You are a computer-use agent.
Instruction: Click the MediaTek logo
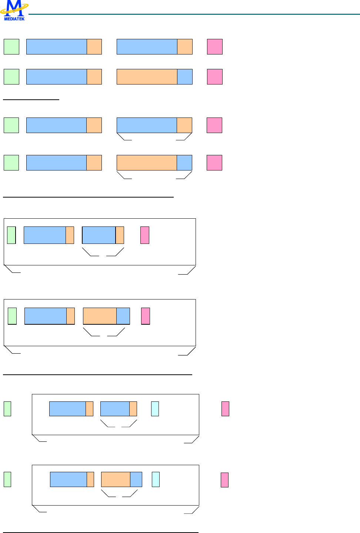(14, 10)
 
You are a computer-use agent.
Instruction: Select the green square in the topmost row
(11, 47)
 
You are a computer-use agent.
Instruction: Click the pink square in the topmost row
(215, 47)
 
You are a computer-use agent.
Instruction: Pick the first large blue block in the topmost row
(57, 47)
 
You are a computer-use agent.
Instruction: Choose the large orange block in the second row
(147, 77)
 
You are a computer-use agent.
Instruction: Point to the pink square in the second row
(215, 77)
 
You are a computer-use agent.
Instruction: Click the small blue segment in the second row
(185, 77)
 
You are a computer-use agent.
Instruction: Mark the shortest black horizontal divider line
(31, 100)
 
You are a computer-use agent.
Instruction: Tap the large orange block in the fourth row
(147, 163)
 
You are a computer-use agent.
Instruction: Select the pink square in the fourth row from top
(214, 163)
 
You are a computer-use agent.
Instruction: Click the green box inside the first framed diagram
(11, 235)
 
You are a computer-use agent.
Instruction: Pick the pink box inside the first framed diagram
(145, 235)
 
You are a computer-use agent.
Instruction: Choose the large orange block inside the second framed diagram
(100, 316)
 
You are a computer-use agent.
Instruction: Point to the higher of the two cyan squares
(155, 409)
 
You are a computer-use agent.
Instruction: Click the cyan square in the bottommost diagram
(156, 479)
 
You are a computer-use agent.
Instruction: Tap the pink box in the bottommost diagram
(224, 480)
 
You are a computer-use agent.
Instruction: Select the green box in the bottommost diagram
(7, 479)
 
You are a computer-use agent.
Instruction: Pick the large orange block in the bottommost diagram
(116, 479)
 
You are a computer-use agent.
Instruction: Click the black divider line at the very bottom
(101, 533)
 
